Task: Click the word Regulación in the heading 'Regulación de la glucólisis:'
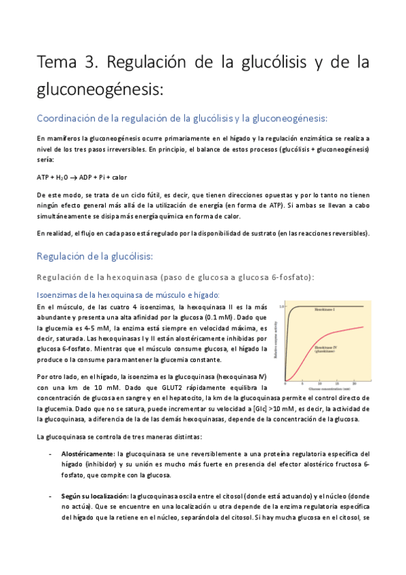click(66, 256)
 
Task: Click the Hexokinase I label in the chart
click(328, 310)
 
